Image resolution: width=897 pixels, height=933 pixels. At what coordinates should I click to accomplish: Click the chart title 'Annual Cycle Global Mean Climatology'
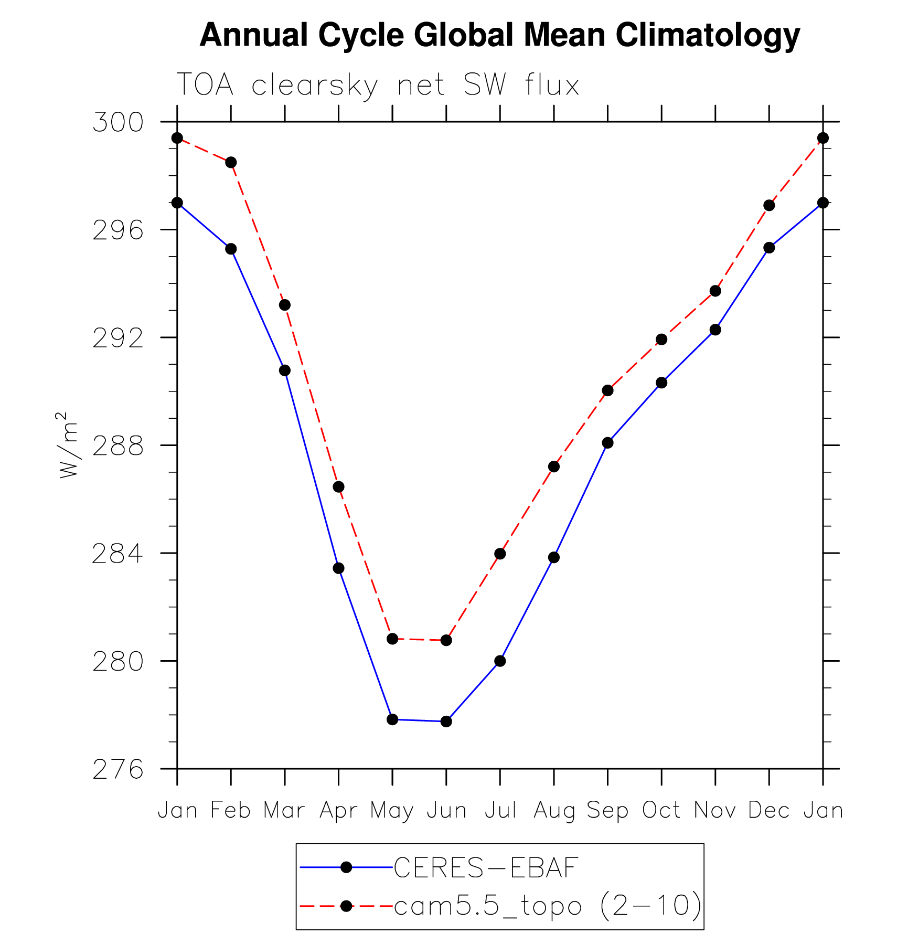pyautogui.click(x=499, y=35)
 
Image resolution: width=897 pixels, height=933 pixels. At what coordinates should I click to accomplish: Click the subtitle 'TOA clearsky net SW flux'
pyautogui.click(x=378, y=85)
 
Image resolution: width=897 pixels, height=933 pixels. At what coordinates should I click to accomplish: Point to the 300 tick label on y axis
pyautogui.click(x=118, y=122)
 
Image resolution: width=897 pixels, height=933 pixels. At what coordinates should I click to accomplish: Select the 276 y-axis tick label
pyautogui.click(x=118, y=769)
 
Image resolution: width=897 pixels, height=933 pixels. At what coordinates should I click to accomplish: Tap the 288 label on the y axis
pyautogui.click(x=118, y=446)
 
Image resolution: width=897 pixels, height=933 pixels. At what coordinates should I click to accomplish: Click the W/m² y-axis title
pyautogui.click(x=68, y=444)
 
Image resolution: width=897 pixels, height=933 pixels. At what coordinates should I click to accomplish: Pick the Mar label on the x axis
pyautogui.click(x=284, y=811)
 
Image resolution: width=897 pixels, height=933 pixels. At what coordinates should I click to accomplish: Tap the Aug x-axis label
pyautogui.click(x=554, y=811)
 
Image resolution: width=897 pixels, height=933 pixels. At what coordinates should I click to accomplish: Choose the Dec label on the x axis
pyautogui.click(x=769, y=811)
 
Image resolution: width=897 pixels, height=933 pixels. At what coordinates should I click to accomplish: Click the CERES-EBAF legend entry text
pyautogui.click(x=486, y=868)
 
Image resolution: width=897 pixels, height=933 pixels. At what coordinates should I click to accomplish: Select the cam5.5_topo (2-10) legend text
pyautogui.click(x=547, y=906)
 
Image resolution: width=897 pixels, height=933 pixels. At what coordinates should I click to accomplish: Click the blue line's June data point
pyautogui.click(x=446, y=722)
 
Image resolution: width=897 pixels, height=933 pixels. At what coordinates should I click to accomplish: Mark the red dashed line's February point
pyautogui.click(x=231, y=162)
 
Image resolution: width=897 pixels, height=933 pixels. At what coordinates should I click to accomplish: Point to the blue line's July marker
pyautogui.click(x=500, y=661)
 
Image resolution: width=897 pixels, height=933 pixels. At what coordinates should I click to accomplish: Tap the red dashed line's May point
pyautogui.click(x=392, y=639)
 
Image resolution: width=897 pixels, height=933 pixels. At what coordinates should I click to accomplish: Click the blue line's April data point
pyautogui.click(x=338, y=568)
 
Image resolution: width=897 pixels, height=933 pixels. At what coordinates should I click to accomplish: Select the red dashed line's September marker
pyautogui.click(x=607, y=390)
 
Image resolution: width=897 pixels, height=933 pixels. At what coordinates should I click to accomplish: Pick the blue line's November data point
pyautogui.click(x=715, y=330)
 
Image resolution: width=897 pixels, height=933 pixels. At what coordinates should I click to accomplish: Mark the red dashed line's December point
pyautogui.click(x=769, y=205)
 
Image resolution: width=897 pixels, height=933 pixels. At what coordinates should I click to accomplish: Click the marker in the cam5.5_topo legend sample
pyautogui.click(x=346, y=906)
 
